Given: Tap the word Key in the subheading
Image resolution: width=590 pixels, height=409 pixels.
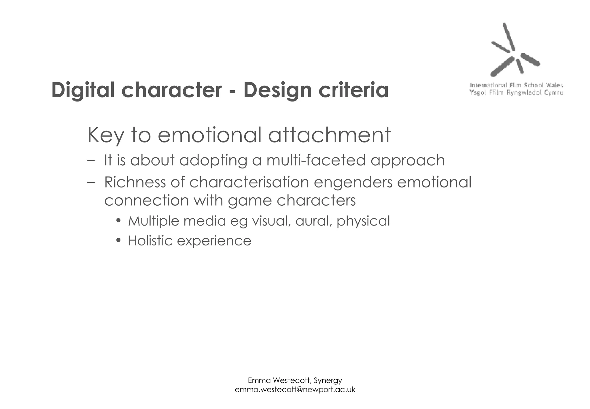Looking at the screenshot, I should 105,135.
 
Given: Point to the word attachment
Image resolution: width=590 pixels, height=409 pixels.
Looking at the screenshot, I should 329,135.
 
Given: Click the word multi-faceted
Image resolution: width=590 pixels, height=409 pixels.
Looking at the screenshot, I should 316,160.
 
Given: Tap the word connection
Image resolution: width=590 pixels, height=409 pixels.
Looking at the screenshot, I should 146,200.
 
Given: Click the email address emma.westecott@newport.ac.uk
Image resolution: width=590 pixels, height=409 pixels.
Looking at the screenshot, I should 295,390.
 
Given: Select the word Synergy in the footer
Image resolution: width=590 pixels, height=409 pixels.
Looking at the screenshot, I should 328,380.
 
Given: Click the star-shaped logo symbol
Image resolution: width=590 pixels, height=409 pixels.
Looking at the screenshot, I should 514,51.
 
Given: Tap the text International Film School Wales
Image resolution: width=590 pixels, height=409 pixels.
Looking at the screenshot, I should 516,85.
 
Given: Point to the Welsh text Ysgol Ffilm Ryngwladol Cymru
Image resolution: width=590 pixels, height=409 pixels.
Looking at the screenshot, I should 516,93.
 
